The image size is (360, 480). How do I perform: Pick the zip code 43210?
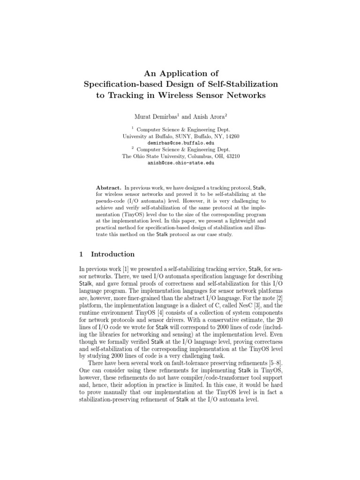(x=232, y=157)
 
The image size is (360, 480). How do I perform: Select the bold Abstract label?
(x=109, y=187)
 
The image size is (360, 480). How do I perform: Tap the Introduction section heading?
(x=112, y=255)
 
